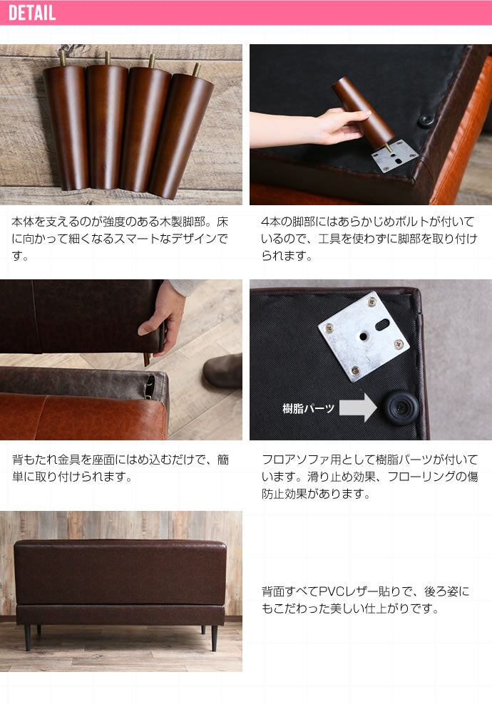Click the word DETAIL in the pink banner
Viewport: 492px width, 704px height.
32,12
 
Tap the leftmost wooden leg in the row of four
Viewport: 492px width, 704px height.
66,125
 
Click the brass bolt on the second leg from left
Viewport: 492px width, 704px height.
108,58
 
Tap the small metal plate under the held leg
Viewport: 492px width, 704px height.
394,155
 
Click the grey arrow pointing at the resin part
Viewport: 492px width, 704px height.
358,408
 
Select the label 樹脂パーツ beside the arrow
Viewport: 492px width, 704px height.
308,408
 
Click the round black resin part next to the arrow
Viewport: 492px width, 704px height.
400,406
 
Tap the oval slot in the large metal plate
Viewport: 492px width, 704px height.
382,323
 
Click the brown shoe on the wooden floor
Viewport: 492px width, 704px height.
222,371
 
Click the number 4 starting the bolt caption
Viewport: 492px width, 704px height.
265,222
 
